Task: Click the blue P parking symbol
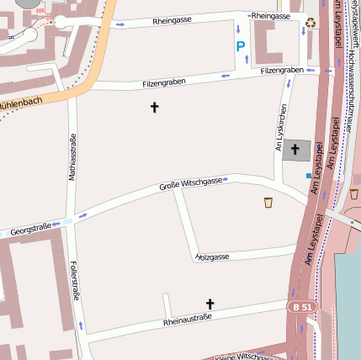point(241,47)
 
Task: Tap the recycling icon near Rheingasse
point(311,23)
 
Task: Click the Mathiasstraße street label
point(72,157)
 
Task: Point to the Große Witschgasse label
point(191,183)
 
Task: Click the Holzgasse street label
point(212,256)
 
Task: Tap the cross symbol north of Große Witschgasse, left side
point(154,107)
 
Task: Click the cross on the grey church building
point(295,150)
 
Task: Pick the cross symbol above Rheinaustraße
point(210,303)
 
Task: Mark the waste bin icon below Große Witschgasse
point(268,202)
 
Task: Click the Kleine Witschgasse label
point(244,357)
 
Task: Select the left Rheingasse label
point(173,20)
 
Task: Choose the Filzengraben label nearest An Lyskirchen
point(282,71)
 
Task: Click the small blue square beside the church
point(308,176)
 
